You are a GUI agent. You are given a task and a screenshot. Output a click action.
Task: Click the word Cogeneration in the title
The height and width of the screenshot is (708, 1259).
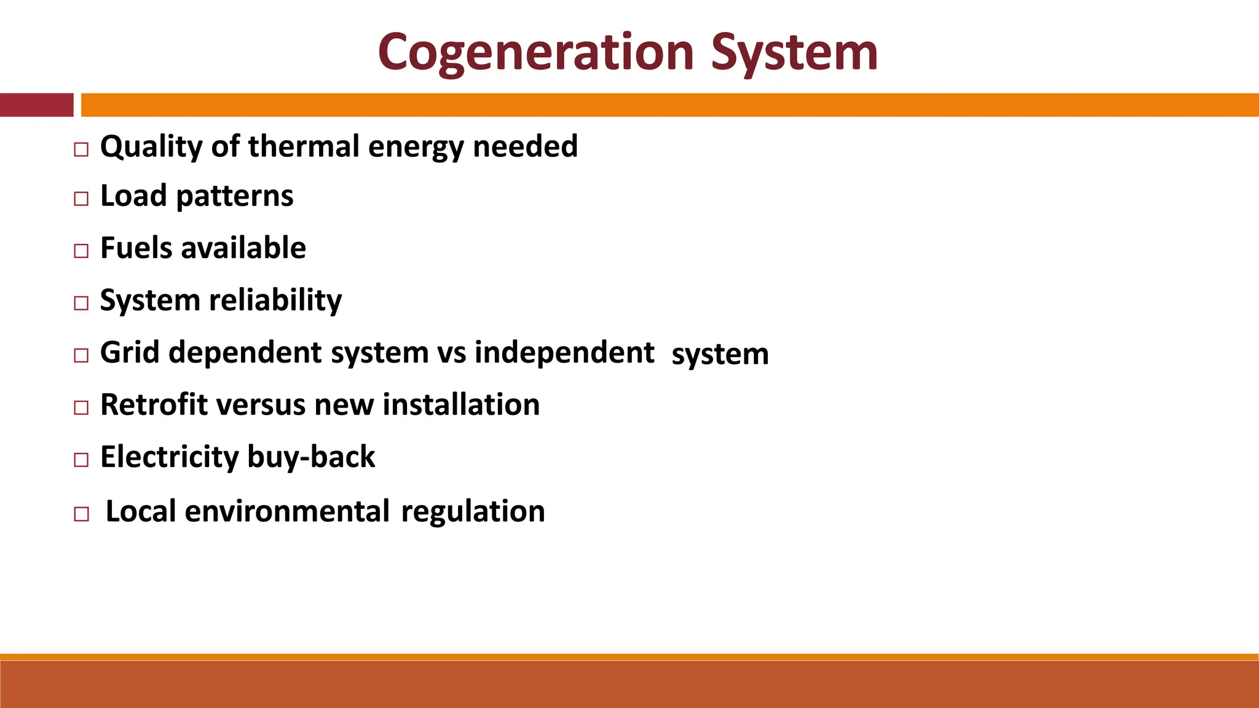tap(536, 53)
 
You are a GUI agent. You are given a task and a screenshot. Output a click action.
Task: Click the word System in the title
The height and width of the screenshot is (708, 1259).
tap(794, 53)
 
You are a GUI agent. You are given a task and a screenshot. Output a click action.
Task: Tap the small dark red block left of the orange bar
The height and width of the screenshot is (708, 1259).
tap(36, 105)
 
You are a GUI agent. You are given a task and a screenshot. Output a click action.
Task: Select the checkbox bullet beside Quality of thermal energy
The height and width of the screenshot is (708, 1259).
tap(81, 149)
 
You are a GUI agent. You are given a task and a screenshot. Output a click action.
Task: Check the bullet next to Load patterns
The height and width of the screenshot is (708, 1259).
tap(81, 199)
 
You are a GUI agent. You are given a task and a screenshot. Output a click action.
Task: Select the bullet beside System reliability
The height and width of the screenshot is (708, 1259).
tap(81, 303)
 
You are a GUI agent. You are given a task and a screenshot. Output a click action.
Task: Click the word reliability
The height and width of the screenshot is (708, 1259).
tap(275, 301)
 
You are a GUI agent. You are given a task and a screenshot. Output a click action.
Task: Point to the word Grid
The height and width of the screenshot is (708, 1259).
tap(130, 353)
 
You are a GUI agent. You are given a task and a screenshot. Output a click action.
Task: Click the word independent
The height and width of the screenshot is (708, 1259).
tap(564, 353)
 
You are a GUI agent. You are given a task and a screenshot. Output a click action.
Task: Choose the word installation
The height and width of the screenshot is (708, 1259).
tap(461, 405)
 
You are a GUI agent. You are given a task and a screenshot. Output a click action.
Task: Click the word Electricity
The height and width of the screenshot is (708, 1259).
tap(169, 457)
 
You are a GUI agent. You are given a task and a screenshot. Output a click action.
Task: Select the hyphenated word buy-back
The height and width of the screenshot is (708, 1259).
tap(311, 457)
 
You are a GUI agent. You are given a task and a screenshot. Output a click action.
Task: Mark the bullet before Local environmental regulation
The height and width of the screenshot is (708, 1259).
tap(81, 514)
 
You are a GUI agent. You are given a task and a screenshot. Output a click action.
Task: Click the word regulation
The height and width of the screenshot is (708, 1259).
tap(473, 511)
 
